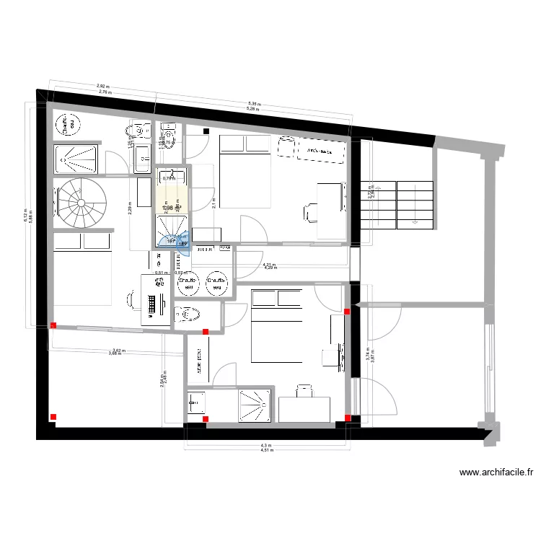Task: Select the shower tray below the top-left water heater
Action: point(76,159)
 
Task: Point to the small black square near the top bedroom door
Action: point(206,131)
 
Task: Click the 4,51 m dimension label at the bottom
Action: point(266,451)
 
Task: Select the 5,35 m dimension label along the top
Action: point(254,104)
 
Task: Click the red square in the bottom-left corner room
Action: point(53,416)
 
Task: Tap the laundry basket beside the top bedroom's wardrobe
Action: point(284,146)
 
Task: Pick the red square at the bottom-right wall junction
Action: point(348,418)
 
